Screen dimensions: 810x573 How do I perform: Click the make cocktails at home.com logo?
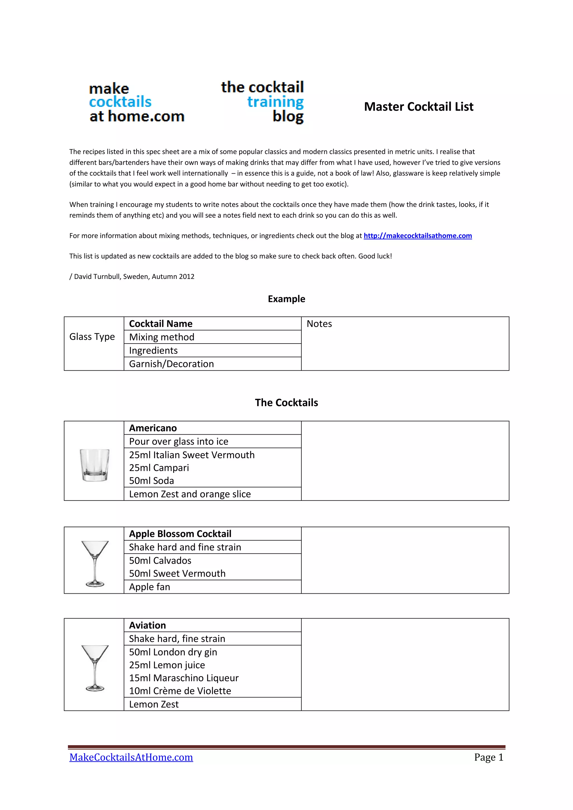136,103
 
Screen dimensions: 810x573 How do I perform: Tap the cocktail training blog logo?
263,102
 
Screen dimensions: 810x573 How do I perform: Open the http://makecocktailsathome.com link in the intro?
417,236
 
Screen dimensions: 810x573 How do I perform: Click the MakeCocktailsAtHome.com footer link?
131,757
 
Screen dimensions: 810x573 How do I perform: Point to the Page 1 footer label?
488,757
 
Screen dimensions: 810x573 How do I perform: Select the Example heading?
286,299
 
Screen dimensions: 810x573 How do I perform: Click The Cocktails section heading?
286,402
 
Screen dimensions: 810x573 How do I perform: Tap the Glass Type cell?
92,337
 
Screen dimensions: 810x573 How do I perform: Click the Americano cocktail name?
153,428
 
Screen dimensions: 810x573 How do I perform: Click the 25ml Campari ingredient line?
159,468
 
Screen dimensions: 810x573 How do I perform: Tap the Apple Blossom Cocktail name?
180,534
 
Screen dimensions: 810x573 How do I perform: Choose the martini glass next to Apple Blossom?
95,564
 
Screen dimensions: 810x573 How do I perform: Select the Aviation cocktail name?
147,626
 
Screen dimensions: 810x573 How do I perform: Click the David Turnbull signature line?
132,277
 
